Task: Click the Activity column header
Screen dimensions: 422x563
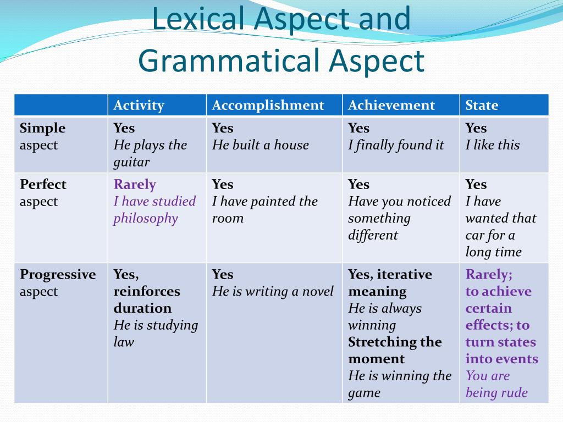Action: click(139, 105)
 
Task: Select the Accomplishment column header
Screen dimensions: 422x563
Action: click(268, 105)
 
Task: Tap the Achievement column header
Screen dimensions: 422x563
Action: click(391, 105)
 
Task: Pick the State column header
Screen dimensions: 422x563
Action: click(482, 105)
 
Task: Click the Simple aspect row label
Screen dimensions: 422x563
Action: click(42, 136)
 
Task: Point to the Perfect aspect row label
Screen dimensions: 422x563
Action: click(42, 192)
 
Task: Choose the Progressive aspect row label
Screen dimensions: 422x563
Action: click(57, 282)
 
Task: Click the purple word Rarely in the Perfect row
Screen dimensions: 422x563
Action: click(135, 184)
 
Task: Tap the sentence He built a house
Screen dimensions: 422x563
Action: click(261, 145)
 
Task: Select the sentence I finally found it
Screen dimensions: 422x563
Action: click(396, 145)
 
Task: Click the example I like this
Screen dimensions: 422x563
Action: click(492, 145)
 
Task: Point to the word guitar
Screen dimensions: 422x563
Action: click(131, 162)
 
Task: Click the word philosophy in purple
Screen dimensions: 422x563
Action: click(146, 218)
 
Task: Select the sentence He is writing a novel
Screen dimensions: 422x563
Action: click(273, 291)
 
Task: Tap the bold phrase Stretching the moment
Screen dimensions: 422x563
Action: click(394, 350)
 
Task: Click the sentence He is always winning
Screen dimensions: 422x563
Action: click(384, 316)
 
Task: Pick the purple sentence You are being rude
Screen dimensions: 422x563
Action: click(496, 384)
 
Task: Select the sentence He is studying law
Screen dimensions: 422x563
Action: click(155, 333)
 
